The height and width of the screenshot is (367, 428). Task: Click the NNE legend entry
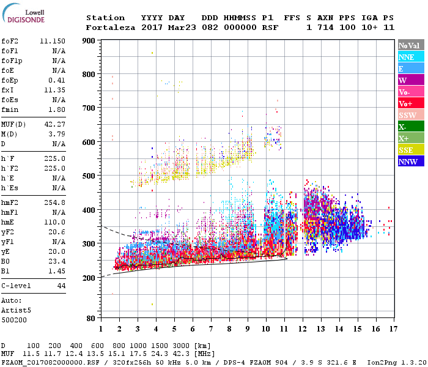[x=410, y=57]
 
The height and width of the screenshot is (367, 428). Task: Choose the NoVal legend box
[x=410, y=45]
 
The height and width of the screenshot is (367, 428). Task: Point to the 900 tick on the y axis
[x=88, y=41]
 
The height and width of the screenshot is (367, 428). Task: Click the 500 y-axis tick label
[x=88, y=176]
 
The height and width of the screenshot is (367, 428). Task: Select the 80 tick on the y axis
[x=90, y=319]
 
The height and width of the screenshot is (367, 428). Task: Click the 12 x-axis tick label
[x=302, y=329]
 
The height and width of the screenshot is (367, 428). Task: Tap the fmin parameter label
[x=11, y=109]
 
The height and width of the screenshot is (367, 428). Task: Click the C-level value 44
[x=61, y=286]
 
